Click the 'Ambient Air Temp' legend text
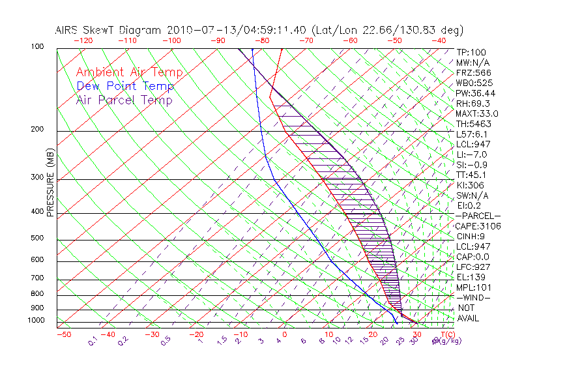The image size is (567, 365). coord(129,72)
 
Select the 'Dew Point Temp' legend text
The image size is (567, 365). coord(125,86)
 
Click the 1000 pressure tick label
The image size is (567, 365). coord(38,321)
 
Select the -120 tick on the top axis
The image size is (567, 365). coord(83,40)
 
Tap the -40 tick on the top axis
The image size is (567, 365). coord(439,40)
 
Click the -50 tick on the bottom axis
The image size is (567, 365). coord(63,334)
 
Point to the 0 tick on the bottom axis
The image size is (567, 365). coord(285,334)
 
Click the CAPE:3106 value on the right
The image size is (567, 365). coord(479,226)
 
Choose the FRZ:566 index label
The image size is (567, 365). coord(474,72)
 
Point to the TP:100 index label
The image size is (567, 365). coord(471,52)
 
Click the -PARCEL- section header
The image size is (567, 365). coord(478,216)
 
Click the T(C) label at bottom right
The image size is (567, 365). coord(448,334)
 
